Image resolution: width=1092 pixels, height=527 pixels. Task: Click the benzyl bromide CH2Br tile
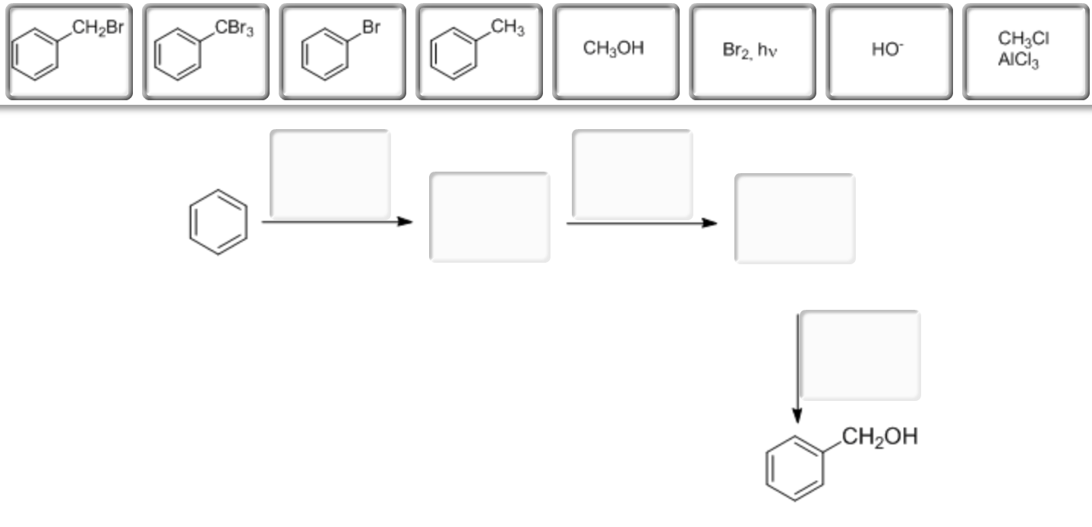point(68,52)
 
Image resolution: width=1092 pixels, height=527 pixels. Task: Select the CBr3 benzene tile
point(205,52)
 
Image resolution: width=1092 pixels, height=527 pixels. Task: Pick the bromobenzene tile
point(342,52)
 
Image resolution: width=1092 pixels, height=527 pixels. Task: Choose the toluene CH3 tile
point(478,52)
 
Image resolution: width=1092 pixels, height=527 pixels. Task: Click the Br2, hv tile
point(752,52)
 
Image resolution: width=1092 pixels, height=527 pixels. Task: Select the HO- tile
point(888,52)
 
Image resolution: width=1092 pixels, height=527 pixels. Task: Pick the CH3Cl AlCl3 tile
point(1025,52)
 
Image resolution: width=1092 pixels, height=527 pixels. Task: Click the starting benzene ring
point(218,222)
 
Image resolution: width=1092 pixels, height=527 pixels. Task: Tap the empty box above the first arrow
point(330,174)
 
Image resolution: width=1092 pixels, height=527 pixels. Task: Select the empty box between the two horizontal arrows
point(489,217)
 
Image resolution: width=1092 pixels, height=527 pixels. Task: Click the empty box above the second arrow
point(632,174)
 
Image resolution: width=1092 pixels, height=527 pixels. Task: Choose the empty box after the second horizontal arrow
point(794,219)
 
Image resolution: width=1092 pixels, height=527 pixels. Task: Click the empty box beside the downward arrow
point(860,355)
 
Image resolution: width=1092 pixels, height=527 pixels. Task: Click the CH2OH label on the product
point(879,437)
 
